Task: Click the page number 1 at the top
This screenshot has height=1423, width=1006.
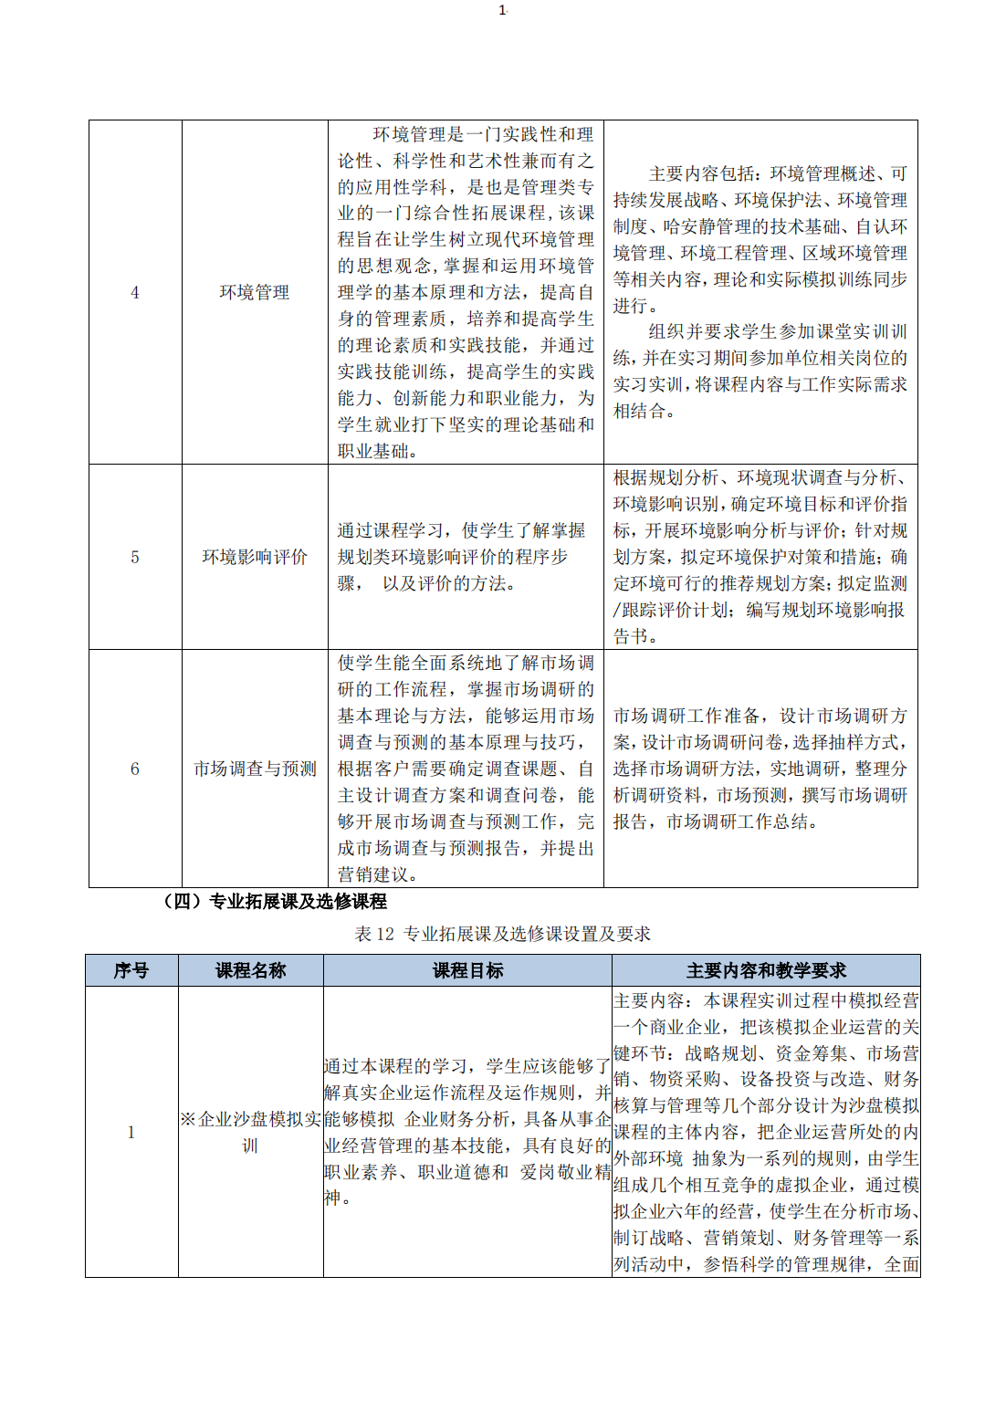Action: (x=502, y=10)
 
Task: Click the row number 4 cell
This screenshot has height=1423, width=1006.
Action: (x=135, y=292)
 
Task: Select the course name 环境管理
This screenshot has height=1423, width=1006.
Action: (x=255, y=292)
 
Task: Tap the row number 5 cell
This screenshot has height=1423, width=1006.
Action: (x=135, y=557)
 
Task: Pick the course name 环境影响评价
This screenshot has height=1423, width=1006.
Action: (x=255, y=557)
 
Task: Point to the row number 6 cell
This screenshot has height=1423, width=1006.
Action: (x=135, y=769)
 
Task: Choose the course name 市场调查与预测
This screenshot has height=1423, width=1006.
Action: (x=255, y=769)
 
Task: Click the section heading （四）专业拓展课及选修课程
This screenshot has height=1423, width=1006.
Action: (x=274, y=902)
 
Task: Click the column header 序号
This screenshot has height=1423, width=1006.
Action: (x=131, y=970)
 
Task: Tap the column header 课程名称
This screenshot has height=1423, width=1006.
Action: (x=251, y=970)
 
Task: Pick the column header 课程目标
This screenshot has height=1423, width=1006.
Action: (x=467, y=970)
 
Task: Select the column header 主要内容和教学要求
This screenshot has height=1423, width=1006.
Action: (x=766, y=970)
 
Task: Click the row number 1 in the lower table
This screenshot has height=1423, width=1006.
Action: (x=131, y=1132)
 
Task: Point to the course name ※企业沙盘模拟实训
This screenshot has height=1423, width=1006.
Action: (x=250, y=1132)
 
